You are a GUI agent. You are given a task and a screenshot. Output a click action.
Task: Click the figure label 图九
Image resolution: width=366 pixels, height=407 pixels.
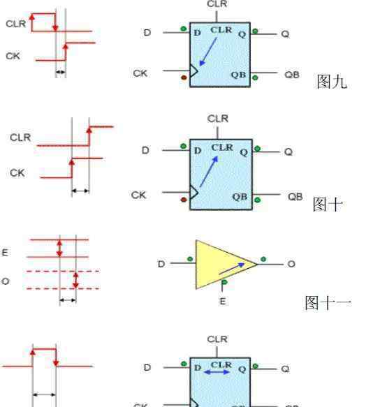(x=332, y=82)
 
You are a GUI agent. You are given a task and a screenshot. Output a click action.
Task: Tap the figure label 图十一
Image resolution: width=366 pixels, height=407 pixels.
(x=328, y=303)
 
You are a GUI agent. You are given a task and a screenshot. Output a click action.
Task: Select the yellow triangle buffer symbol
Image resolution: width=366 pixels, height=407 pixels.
(x=226, y=265)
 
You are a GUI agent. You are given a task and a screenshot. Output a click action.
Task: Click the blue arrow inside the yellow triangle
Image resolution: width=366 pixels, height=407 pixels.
(x=232, y=268)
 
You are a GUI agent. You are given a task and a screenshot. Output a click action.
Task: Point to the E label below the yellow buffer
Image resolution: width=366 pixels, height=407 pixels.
(x=223, y=302)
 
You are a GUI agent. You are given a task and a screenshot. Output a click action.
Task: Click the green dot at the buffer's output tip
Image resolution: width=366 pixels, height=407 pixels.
(x=263, y=259)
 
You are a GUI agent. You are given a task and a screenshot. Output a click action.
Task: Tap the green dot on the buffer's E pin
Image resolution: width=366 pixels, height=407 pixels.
(x=224, y=282)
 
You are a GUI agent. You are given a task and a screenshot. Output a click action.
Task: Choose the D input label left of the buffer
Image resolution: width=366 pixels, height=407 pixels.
(x=161, y=264)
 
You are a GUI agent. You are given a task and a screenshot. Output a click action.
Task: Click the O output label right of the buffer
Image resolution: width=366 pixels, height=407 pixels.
(x=291, y=264)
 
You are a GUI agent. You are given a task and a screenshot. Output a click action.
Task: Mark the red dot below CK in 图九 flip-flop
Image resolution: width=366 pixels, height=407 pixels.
(x=184, y=77)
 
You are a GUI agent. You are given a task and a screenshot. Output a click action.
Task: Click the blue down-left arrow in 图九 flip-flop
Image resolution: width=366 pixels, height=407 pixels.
(x=208, y=52)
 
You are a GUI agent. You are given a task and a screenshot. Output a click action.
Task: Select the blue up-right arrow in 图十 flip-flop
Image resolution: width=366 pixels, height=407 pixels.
(x=209, y=172)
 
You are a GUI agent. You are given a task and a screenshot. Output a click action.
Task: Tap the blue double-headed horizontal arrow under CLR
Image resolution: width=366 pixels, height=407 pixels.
(x=217, y=372)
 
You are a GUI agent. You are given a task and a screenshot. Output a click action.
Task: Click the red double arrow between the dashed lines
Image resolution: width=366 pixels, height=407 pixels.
(x=75, y=280)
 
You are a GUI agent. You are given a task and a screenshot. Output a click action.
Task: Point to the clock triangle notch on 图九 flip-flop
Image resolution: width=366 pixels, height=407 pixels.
(x=194, y=71)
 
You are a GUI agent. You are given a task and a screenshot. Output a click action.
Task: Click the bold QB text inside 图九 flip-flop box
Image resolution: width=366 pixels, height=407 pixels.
(x=238, y=75)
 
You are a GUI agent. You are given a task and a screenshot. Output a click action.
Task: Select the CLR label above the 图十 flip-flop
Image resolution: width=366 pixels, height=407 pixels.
(x=218, y=119)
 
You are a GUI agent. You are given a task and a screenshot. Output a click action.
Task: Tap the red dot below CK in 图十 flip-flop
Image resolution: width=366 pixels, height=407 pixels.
(x=184, y=200)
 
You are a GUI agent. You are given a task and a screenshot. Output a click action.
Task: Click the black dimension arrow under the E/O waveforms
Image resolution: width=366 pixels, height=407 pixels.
(x=68, y=300)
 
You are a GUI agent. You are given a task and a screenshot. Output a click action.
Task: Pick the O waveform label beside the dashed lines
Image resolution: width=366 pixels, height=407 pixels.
(x=5, y=281)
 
